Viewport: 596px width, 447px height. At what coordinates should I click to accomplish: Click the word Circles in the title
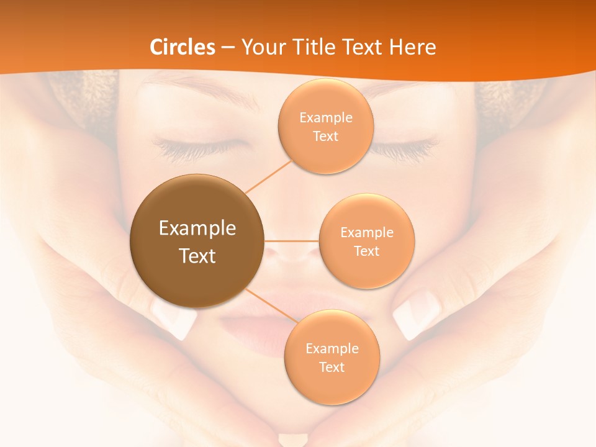point(183,47)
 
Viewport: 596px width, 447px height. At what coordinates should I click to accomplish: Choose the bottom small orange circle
point(332,385)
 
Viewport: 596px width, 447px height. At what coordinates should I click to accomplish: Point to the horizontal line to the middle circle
point(292,241)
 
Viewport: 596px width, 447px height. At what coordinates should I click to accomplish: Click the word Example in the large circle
point(197,228)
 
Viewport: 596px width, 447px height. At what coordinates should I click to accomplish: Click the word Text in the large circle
point(197,256)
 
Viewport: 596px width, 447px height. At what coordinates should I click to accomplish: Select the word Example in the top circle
point(325,118)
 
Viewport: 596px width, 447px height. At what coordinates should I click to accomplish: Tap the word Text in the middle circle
point(366,251)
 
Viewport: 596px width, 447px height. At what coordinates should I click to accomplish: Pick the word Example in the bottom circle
point(332,349)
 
